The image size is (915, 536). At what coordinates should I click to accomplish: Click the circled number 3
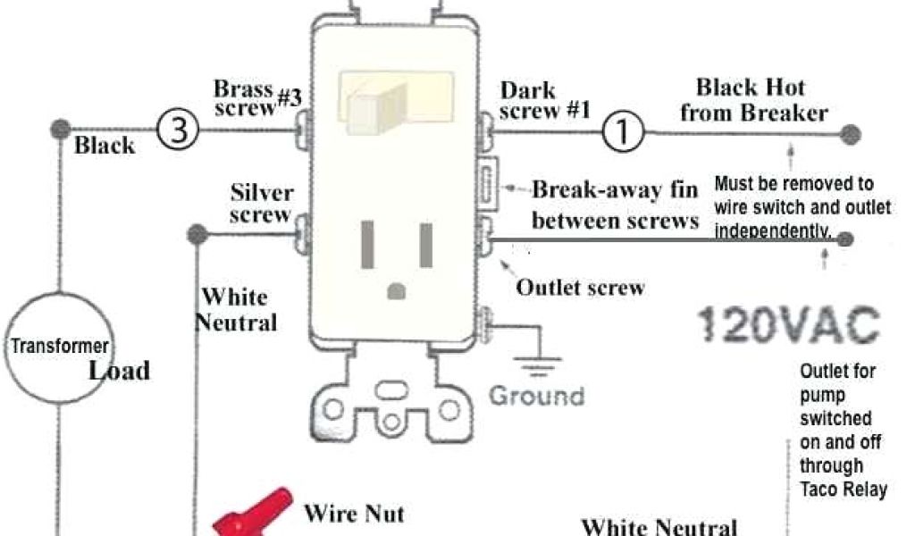tap(178, 131)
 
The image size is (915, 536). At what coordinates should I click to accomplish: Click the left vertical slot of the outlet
tap(367, 243)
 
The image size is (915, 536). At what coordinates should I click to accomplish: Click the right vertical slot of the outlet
tap(426, 243)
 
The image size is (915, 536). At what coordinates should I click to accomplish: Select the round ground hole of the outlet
tap(397, 289)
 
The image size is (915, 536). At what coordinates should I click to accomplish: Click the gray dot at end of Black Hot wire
tap(852, 135)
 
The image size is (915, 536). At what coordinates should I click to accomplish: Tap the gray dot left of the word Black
tap(61, 128)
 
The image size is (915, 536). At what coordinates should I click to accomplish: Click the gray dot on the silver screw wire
tap(197, 235)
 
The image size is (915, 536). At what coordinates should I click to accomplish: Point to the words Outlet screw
tap(580, 288)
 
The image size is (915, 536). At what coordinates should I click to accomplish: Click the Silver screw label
tap(261, 204)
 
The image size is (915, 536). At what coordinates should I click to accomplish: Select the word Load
tap(119, 370)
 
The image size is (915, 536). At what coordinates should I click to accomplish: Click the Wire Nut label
tap(354, 514)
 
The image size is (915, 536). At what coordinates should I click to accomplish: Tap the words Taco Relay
tap(844, 489)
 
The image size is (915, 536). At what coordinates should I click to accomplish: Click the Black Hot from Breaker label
tap(753, 100)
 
